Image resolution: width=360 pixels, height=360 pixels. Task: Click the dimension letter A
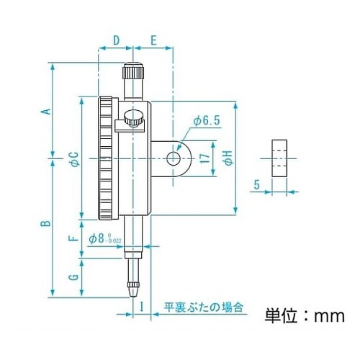pos(45,111)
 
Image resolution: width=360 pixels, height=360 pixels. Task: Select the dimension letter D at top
pos(116,40)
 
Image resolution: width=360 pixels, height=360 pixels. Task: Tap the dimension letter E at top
pos(154,40)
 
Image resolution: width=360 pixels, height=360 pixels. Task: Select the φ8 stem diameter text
pos(106,238)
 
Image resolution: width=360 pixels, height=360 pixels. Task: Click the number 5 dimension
pos(256,184)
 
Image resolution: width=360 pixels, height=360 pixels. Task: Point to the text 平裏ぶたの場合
pos(204,307)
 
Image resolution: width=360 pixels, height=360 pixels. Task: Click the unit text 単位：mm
pos(305,315)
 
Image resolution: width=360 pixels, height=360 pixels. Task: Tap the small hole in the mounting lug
pos(173,158)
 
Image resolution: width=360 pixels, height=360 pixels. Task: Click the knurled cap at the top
pos(133,72)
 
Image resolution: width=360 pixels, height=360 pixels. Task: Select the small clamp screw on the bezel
pos(131,117)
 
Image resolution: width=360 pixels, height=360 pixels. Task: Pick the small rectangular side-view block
pos(278,158)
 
